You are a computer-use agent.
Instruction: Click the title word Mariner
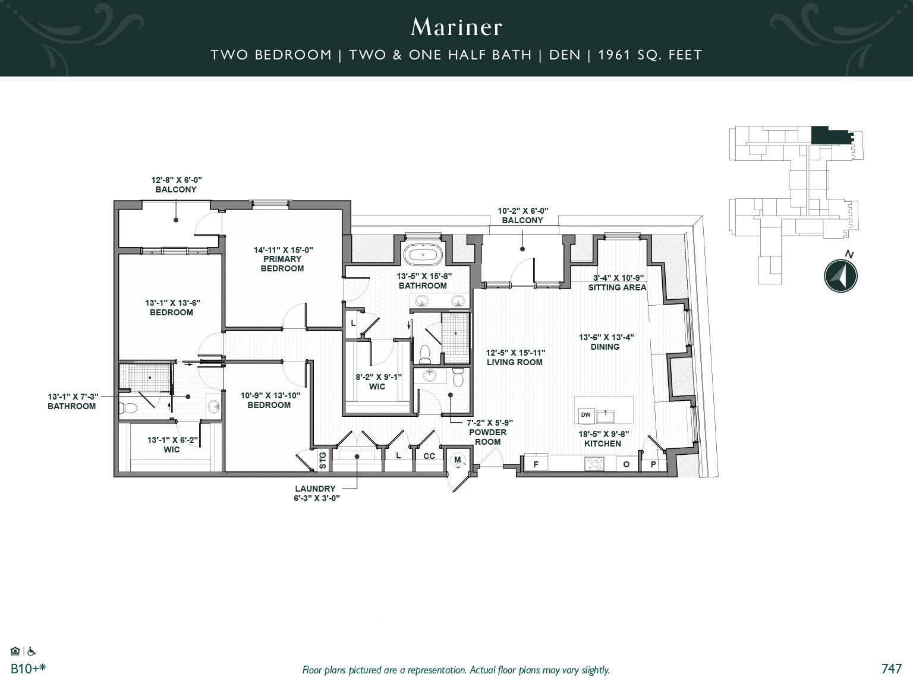click(x=456, y=27)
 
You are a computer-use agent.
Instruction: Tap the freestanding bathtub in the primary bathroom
click(x=423, y=255)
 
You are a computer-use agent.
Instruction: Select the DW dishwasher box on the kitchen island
click(x=585, y=415)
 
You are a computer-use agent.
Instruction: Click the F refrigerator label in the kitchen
click(x=536, y=464)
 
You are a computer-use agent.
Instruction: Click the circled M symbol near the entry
click(x=458, y=460)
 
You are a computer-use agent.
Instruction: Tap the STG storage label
click(x=323, y=461)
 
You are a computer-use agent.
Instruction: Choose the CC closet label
click(x=429, y=456)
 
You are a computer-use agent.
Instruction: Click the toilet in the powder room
click(x=458, y=378)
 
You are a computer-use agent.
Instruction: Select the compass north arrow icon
click(x=840, y=275)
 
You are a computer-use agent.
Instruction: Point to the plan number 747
click(x=891, y=669)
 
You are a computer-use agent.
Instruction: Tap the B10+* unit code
click(x=29, y=669)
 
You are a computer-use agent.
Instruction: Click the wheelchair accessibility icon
click(x=32, y=651)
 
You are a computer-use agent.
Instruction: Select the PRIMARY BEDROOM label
click(x=282, y=264)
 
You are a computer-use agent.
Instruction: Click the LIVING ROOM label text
click(x=514, y=362)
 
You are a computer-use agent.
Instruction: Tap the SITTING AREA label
click(x=617, y=287)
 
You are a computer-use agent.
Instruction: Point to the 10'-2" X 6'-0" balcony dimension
click(x=522, y=211)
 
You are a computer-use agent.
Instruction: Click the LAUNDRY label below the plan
click(x=315, y=489)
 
